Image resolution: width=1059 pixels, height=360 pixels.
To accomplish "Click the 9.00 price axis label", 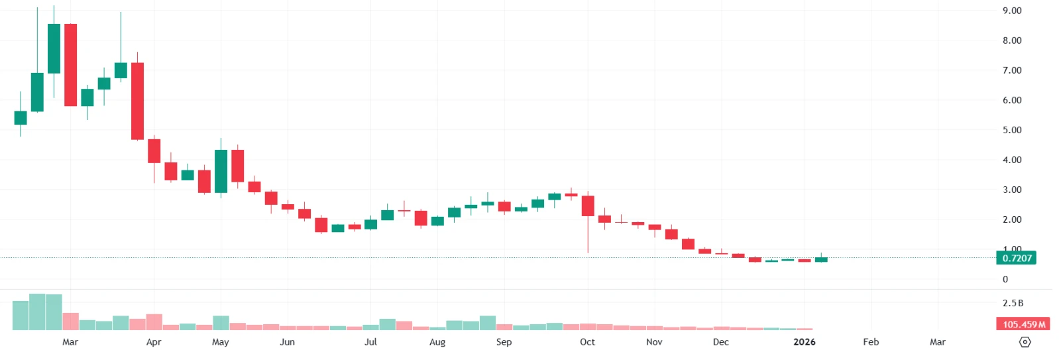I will [1011, 11].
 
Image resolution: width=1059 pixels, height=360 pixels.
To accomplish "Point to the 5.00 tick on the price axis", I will [1011, 130].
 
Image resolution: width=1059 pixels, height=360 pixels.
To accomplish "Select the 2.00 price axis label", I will [1011, 219].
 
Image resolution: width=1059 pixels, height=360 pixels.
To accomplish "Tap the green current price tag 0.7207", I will [1016, 258].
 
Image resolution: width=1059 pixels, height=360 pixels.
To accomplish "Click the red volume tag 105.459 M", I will [1023, 324].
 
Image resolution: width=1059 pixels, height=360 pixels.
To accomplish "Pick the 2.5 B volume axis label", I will [1012, 303].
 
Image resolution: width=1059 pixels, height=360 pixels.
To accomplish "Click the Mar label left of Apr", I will [70, 342].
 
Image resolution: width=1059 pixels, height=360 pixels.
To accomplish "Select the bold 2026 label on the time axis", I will [804, 342].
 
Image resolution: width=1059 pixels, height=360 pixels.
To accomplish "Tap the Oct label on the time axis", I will [587, 342].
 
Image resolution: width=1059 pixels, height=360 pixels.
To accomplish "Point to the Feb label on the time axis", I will [871, 342].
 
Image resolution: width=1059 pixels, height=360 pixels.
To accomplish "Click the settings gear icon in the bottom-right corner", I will [1025, 342].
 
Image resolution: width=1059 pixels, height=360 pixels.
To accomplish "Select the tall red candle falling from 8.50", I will [70, 65].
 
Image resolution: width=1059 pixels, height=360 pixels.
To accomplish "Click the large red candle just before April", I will [137, 101].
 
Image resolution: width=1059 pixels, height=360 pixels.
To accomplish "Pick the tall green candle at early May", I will [221, 171].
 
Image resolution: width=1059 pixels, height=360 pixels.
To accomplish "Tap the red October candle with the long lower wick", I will [588, 206].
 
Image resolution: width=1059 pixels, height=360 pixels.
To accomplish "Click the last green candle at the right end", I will [821, 259].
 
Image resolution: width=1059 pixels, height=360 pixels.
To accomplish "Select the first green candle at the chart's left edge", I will [21, 117].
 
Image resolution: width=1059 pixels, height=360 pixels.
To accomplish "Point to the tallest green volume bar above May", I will [221, 323].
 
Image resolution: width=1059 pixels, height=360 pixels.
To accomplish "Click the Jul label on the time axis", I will [370, 342].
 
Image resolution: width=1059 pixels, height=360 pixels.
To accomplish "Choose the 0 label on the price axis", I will [1005, 279].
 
